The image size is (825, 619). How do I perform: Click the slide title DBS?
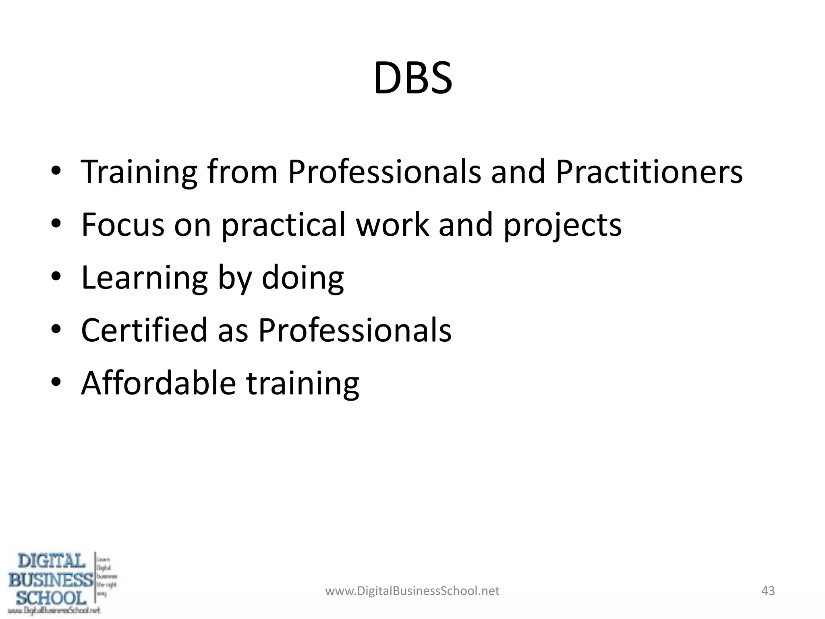(412, 78)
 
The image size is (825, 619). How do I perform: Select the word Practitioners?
(649, 172)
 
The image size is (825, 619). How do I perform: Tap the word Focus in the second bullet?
(122, 224)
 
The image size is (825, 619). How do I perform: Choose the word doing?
(303, 278)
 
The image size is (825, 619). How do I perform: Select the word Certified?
(144, 330)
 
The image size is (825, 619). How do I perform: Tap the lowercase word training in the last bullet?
(303, 384)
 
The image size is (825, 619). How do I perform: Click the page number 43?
(768, 591)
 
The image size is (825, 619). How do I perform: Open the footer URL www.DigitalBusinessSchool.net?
(412, 591)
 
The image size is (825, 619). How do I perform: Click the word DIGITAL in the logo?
(51, 561)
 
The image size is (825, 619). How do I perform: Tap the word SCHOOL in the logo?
(51, 597)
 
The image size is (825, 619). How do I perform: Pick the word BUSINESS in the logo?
(51, 580)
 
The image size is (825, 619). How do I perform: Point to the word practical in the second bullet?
(284, 225)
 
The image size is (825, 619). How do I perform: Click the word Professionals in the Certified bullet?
(354, 330)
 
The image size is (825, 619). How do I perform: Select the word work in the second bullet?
(393, 224)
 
